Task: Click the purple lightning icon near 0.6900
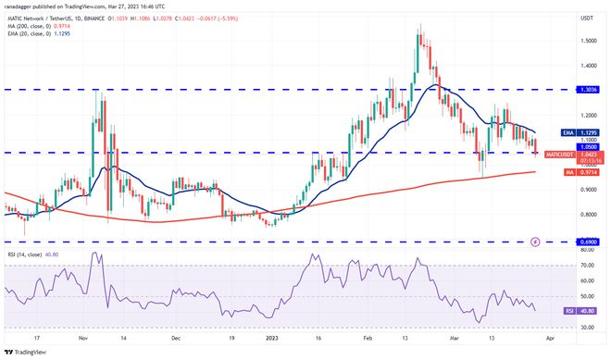pos(535,242)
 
